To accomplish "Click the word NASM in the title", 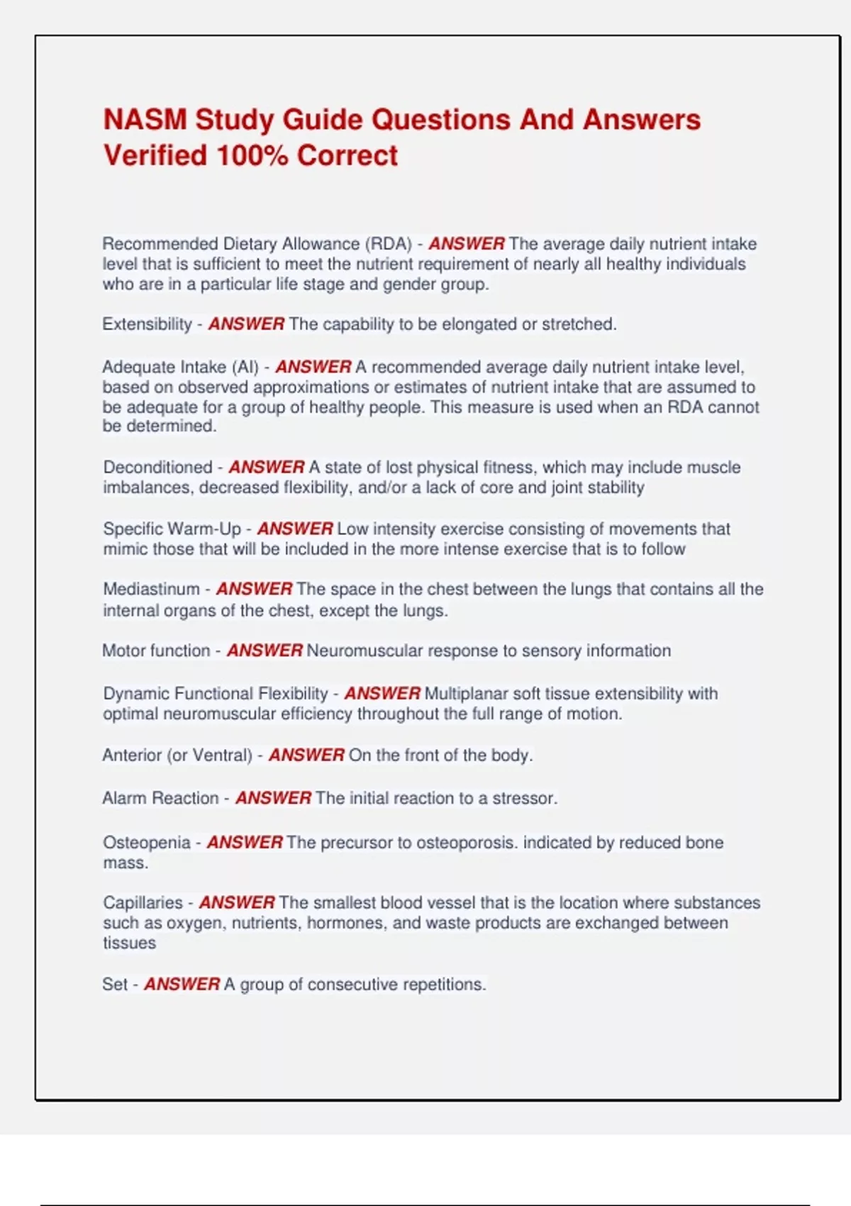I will click(145, 120).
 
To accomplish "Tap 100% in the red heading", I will click(251, 155).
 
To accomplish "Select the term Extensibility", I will click(147, 324).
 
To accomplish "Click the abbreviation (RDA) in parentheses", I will click(389, 244).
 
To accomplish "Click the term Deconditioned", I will click(157, 468).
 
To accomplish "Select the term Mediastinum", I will click(151, 589).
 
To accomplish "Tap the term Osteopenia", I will click(147, 842).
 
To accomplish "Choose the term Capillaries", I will click(143, 902).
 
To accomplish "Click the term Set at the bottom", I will click(114, 984).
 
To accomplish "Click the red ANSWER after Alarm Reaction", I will click(273, 798).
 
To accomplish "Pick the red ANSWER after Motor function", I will click(265, 651).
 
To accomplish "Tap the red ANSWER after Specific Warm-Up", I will click(294, 529).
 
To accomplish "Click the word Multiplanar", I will click(466, 693).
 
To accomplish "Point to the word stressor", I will click(525, 798).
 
